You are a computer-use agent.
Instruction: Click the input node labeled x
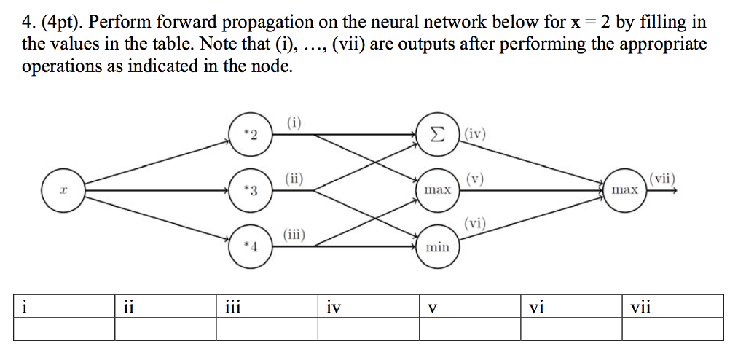click(63, 190)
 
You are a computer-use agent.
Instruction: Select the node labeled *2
click(251, 134)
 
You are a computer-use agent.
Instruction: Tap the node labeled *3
click(251, 191)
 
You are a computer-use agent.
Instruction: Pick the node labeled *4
click(251, 246)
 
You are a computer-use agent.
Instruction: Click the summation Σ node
click(437, 134)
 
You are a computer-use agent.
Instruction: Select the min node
click(437, 247)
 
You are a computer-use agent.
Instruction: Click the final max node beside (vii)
click(624, 190)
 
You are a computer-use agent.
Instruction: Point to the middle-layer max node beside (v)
click(437, 190)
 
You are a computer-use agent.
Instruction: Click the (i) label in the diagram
click(294, 122)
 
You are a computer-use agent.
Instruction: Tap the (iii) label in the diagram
click(294, 234)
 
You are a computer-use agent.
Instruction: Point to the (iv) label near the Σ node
click(476, 134)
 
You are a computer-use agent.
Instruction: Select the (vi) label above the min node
click(476, 224)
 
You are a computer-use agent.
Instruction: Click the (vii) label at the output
click(662, 177)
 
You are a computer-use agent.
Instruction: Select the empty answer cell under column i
click(64, 329)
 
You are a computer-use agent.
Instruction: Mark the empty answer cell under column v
click(470, 329)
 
